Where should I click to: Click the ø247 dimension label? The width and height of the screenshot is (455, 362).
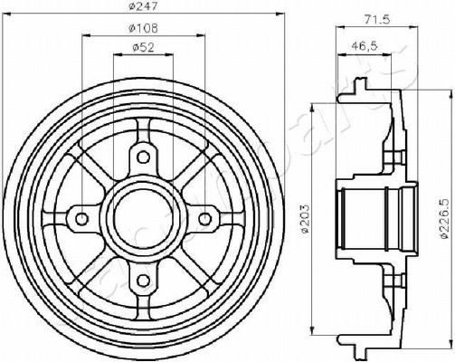coord(143,6)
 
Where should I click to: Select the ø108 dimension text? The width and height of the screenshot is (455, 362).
coord(143,28)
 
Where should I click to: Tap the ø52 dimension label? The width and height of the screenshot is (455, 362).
coord(143,47)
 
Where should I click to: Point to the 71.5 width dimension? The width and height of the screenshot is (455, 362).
coord(377,20)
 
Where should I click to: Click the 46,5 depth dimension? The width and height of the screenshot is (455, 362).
coord(365,46)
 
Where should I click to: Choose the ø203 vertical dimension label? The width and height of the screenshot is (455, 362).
coord(306,219)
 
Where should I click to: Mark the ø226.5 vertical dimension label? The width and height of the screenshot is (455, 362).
coord(447,219)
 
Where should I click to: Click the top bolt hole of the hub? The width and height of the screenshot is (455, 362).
coord(143,157)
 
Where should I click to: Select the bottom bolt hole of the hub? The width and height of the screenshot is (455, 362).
coord(143,281)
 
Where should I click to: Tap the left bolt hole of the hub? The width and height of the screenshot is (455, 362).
coord(81,218)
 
